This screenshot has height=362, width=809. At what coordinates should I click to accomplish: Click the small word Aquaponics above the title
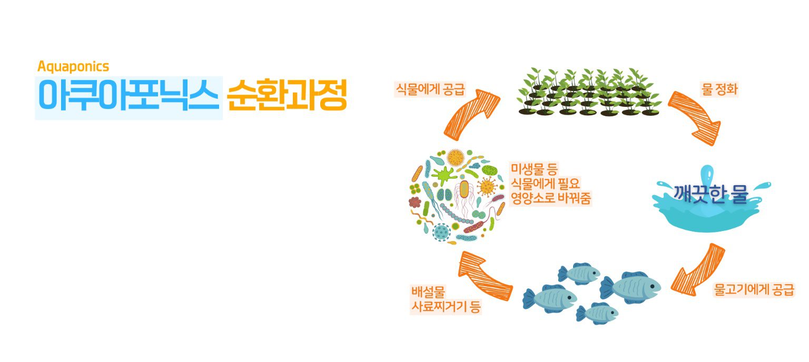click(x=73, y=67)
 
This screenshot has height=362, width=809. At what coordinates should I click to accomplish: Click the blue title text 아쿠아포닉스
click(x=129, y=95)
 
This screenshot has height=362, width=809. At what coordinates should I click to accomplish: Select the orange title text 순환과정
click(x=287, y=95)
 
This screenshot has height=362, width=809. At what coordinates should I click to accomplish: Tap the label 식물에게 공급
click(x=430, y=89)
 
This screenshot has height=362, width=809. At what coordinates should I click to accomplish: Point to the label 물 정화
click(x=719, y=89)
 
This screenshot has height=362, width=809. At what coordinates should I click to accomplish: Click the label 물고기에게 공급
click(x=754, y=289)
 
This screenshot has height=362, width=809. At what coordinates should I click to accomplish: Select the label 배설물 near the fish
click(x=428, y=291)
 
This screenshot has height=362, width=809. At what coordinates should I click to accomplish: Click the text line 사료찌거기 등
click(x=446, y=307)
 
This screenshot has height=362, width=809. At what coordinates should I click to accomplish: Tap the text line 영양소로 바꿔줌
click(x=551, y=198)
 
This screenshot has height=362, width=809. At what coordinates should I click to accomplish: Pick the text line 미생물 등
click(x=534, y=168)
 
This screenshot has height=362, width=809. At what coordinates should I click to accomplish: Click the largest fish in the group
click(x=630, y=288)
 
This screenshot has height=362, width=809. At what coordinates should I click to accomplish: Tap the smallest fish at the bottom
click(x=597, y=313)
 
